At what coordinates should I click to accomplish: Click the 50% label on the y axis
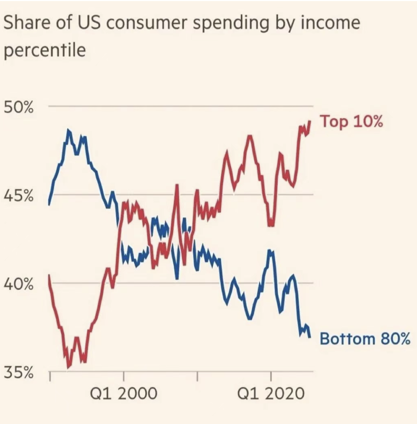click(19, 108)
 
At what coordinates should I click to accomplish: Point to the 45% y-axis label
click(19, 196)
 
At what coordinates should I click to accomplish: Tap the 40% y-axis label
click(19, 285)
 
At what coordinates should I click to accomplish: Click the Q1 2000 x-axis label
click(124, 394)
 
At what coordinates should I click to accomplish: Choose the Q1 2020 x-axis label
click(271, 394)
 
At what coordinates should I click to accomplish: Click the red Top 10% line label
click(351, 122)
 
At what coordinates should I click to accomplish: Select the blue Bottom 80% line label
click(365, 339)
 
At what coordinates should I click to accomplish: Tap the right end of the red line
click(310, 121)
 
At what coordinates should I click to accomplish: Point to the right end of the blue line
click(310, 337)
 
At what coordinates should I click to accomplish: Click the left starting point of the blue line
click(49, 203)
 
